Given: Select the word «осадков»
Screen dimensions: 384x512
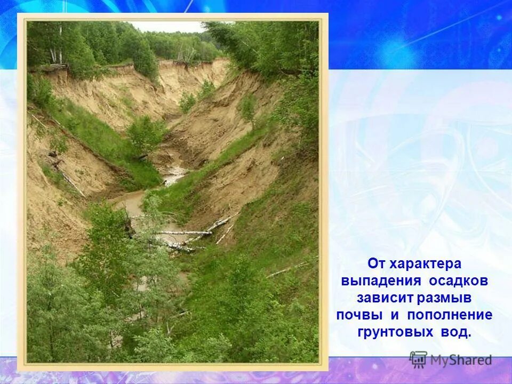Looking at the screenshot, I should [x=457, y=281].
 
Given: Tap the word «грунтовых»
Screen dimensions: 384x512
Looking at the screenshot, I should [x=395, y=332].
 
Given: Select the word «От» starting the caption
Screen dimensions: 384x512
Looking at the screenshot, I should [x=377, y=264].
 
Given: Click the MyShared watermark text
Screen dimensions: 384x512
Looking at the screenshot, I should [x=461, y=361].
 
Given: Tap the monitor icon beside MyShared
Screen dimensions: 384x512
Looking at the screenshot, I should [x=418, y=359].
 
